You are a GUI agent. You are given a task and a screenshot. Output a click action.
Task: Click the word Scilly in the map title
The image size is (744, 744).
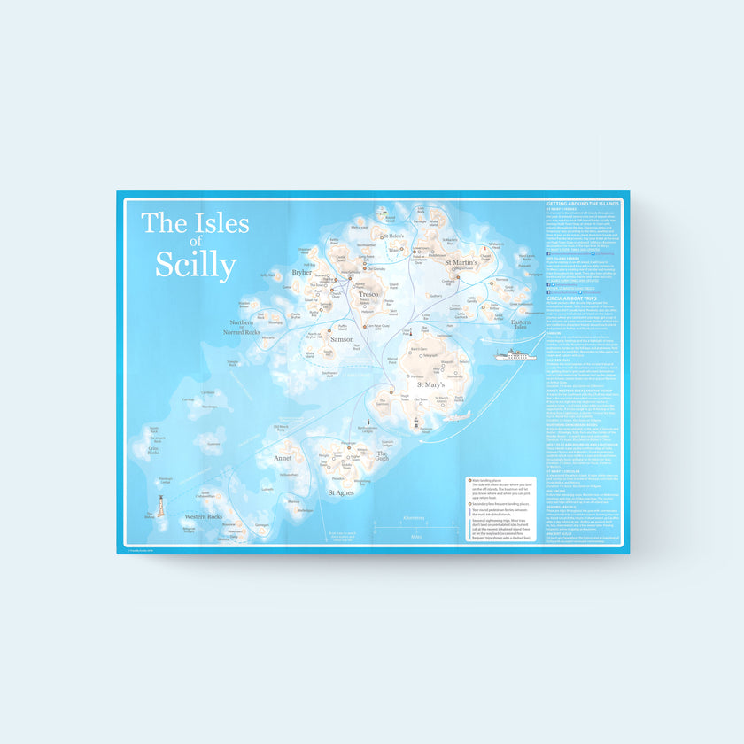pyautogui.click(x=196, y=265)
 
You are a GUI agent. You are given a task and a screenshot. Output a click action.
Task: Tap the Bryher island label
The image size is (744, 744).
pyautogui.click(x=302, y=273)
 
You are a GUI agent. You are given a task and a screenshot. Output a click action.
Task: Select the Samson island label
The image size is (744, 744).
pyautogui.click(x=342, y=339)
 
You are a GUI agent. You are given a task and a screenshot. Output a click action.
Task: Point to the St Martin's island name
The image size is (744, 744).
pyautogui.click(x=461, y=263)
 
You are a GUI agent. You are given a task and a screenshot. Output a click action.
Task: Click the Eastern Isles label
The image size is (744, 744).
pyautogui.click(x=521, y=322)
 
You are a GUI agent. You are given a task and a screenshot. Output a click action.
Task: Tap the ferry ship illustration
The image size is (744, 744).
pyautogui.click(x=514, y=356)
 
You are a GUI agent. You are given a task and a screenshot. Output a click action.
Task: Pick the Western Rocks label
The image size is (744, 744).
pyautogui.click(x=202, y=515)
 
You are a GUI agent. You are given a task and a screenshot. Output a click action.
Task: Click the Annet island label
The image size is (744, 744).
pyautogui.click(x=283, y=459)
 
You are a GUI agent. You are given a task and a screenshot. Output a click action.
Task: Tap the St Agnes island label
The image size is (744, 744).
pyautogui.click(x=342, y=492)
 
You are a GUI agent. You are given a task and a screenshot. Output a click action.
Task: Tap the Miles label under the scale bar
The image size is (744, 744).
pyautogui.click(x=415, y=536)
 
